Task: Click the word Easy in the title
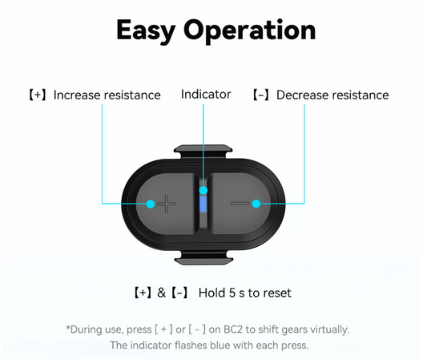pyautogui.click(x=146, y=30)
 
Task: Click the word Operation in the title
pyautogui.click(x=249, y=30)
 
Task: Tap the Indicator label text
pyautogui.click(x=206, y=95)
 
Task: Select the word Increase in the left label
pyautogui.click(x=78, y=95)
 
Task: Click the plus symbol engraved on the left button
pyautogui.click(x=167, y=204)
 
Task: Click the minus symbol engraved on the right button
pyautogui.click(x=240, y=204)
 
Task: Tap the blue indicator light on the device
pyautogui.click(x=203, y=204)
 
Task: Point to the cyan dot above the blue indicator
pyautogui.click(x=203, y=190)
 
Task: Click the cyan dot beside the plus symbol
pyautogui.click(x=151, y=204)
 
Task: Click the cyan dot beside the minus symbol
pyautogui.click(x=256, y=204)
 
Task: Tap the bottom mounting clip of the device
pyautogui.click(x=203, y=258)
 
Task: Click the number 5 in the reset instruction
pyautogui.click(x=232, y=293)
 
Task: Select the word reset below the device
pyautogui.click(x=277, y=293)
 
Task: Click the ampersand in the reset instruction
pyautogui.click(x=162, y=293)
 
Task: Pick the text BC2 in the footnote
pyautogui.click(x=233, y=330)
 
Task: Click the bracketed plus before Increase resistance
pyautogui.click(x=38, y=95)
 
